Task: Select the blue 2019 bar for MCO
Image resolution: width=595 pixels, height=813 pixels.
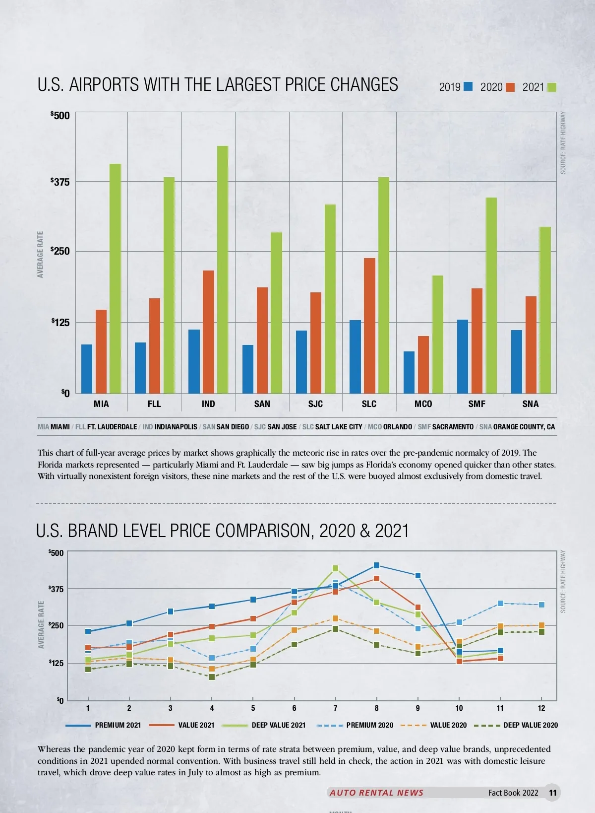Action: (x=409, y=372)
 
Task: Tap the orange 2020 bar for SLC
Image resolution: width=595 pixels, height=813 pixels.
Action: (x=369, y=326)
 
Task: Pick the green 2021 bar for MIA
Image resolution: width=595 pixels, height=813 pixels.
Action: (x=115, y=278)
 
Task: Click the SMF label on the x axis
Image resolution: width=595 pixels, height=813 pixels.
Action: (x=476, y=404)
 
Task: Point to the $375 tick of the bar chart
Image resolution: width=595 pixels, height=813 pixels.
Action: (x=60, y=182)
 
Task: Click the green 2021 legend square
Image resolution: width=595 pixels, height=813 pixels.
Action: (x=551, y=87)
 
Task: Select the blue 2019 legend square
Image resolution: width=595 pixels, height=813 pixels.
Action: (x=468, y=87)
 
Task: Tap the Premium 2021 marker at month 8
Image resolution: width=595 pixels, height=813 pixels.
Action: (x=376, y=565)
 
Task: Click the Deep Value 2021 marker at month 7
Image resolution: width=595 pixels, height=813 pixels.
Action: (x=335, y=568)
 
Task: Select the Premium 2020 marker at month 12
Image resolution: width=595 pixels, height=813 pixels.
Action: (x=541, y=605)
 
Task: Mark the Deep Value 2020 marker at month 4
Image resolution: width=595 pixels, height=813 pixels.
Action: (x=212, y=677)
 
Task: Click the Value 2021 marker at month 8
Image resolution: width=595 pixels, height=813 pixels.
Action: (x=376, y=579)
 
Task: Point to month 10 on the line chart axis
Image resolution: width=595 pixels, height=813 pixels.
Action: (x=459, y=708)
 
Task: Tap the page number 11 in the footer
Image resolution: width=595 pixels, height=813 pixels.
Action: (x=553, y=793)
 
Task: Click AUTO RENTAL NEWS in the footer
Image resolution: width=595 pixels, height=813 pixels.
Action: (x=376, y=793)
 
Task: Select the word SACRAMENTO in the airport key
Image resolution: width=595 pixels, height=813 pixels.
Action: (x=453, y=427)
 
